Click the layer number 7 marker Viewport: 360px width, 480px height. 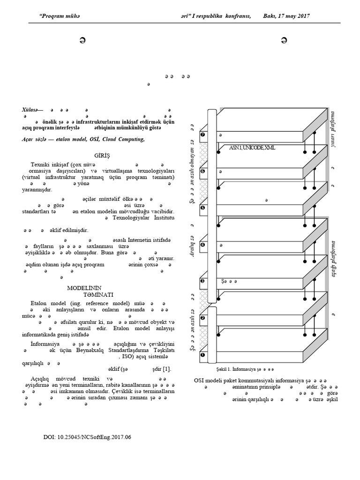tap(202, 135)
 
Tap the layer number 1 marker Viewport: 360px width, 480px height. tap(202, 355)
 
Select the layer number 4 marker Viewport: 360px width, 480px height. tap(202, 245)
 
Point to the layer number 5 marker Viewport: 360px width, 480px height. tap(202, 208)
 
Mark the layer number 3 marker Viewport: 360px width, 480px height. tap(202, 281)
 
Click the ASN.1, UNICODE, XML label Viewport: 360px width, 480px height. tap(252, 148)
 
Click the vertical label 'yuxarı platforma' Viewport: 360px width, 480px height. tap(333, 130)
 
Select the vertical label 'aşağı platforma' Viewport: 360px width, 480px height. tap(334, 259)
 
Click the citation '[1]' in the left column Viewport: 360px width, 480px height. tap(167, 368)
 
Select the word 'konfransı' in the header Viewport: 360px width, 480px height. tap(236, 16)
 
